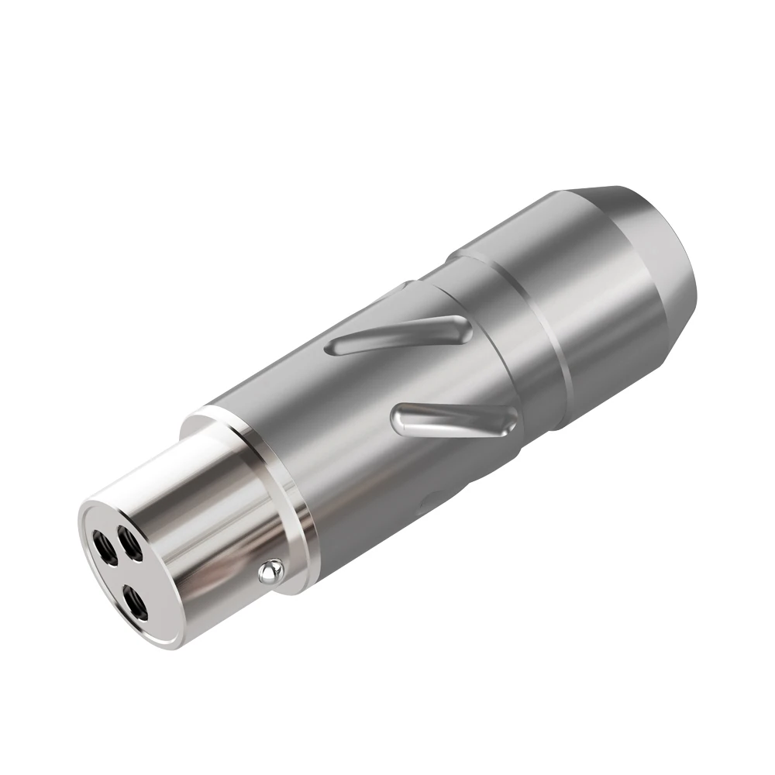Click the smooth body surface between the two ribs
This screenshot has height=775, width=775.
[x=418, y=376]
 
